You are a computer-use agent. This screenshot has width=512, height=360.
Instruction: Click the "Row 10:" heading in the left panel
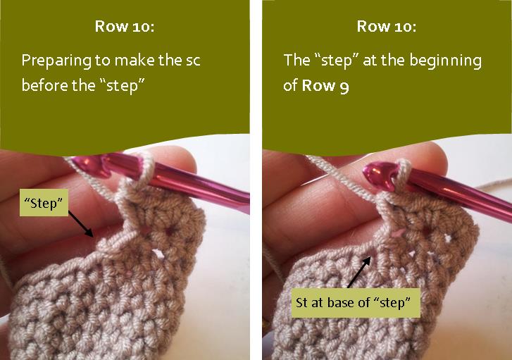[x=125, y=27]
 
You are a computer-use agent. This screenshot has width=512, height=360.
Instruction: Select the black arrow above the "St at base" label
[x=358, y=269]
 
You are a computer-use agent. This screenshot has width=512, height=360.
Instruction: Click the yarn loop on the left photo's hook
[x=146, y=169]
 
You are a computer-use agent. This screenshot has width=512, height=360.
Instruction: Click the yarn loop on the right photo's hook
[x=404, y=172]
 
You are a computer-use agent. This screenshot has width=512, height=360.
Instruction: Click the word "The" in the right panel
[x=296, y=61]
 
